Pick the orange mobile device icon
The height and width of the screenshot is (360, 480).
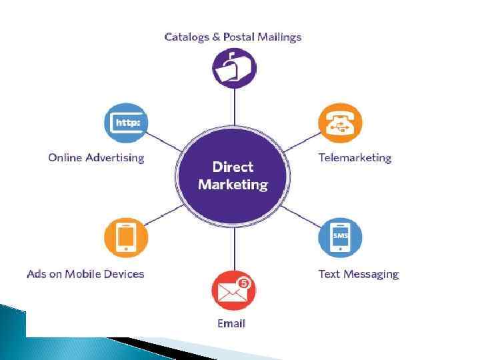127,238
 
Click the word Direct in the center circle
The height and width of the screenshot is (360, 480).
233,167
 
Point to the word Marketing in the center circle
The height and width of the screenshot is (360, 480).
233,184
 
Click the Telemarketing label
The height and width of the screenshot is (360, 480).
355,158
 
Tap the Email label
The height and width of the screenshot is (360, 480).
231,323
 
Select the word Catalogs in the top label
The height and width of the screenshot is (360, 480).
187,37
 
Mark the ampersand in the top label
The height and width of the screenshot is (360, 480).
216,37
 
